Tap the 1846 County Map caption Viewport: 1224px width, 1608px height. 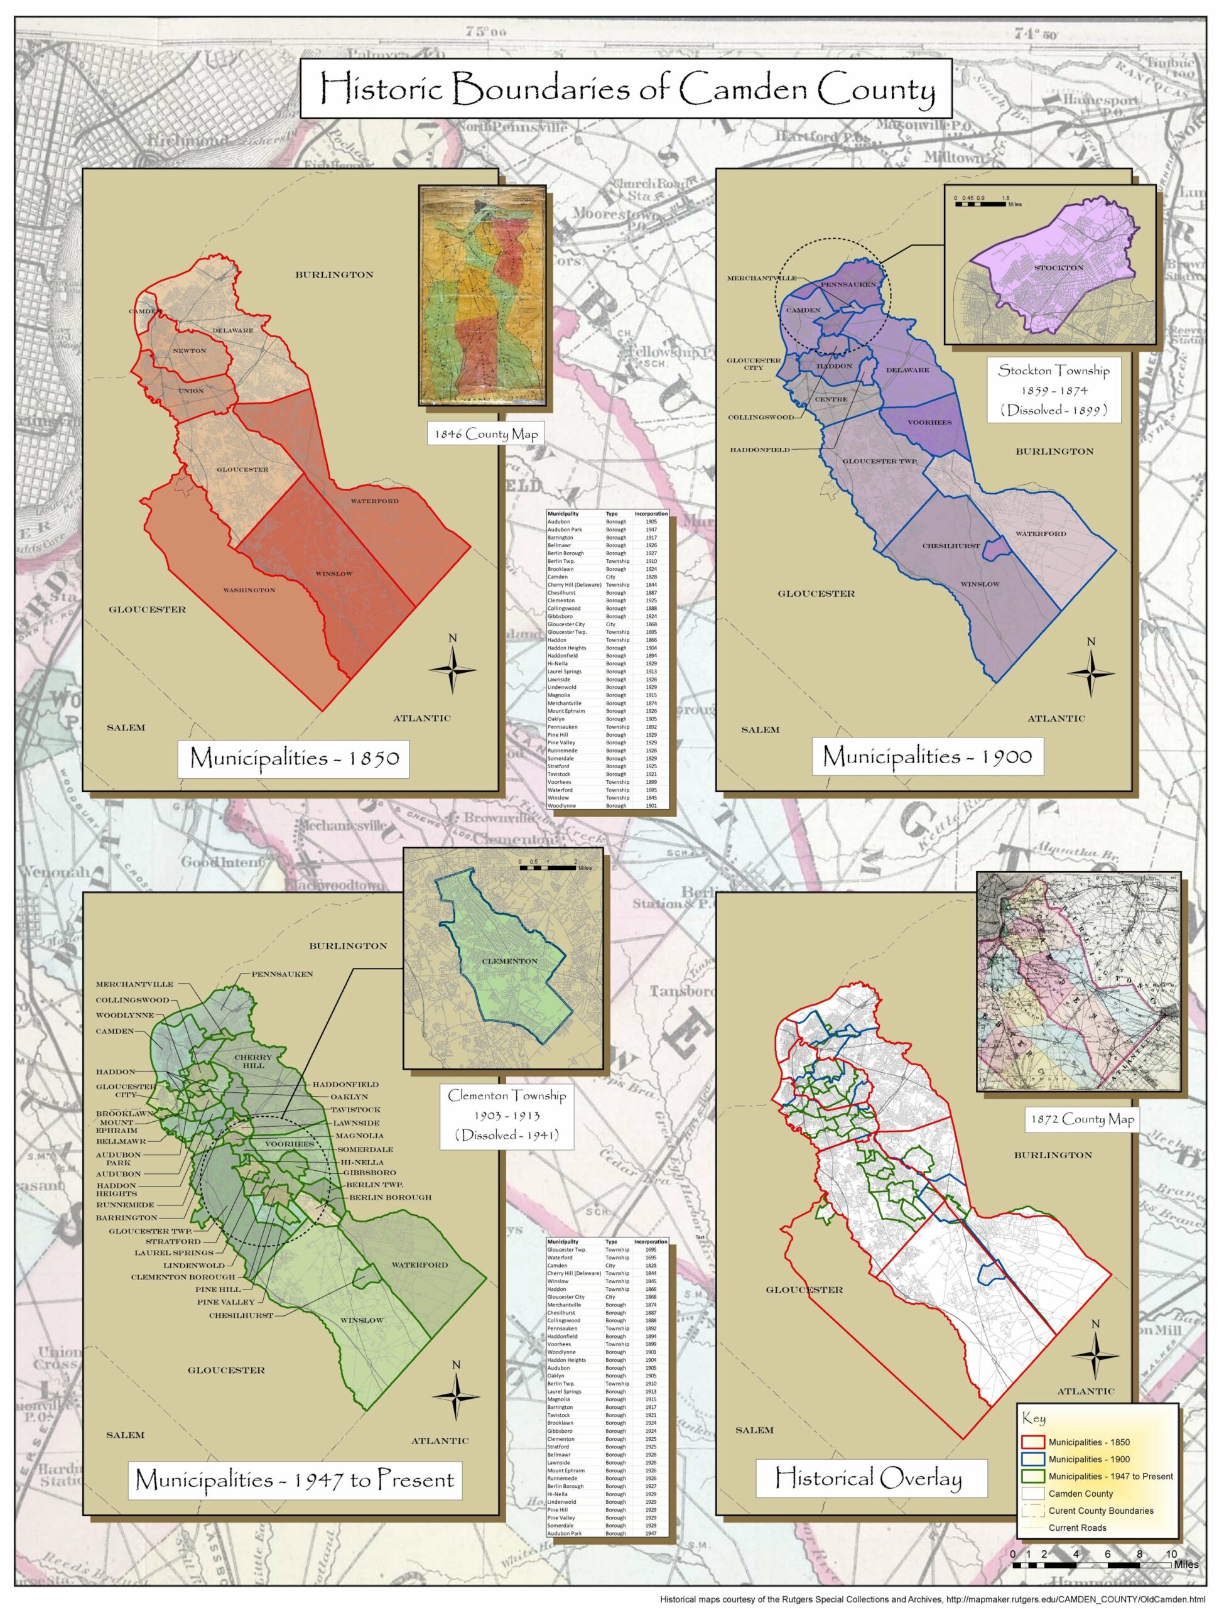(x=486, y=434)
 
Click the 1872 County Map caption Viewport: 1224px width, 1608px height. (x=1081, y=1119)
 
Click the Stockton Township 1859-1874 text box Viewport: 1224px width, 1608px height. (x=1054, y=390)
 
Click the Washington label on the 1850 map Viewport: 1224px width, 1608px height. (x=249, y=590)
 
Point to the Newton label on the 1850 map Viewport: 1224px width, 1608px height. (x=190, y=351)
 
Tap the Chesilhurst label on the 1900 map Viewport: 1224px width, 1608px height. (x=951, y=546)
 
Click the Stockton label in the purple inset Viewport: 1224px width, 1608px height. (x=1059, y=268)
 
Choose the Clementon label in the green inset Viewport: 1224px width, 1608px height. (x=509, y=961)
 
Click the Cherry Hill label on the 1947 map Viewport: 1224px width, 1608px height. (x=253, y=1061)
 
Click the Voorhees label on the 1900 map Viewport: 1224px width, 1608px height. (x=929, y=423)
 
